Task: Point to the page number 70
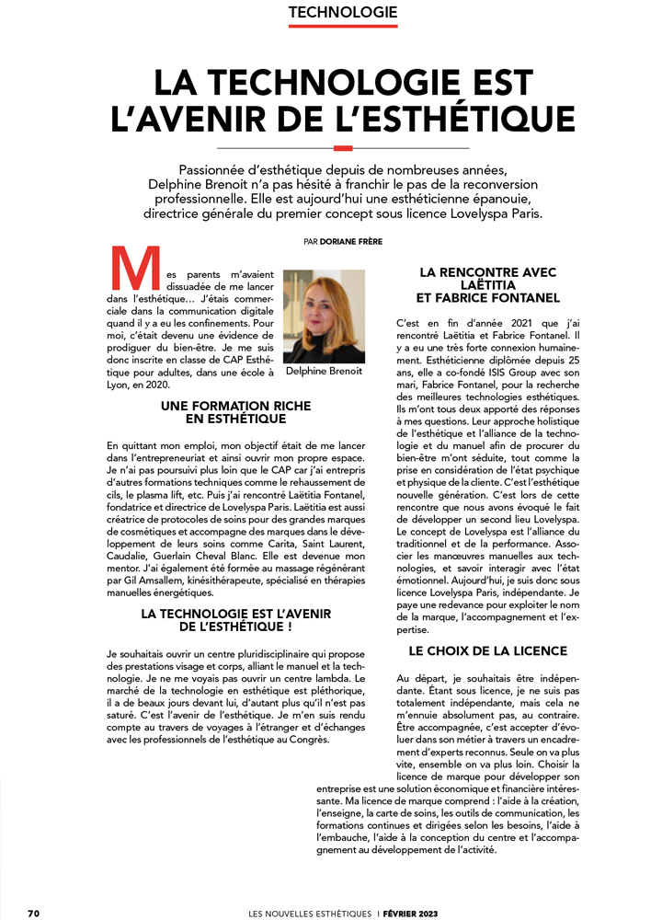(32, 913)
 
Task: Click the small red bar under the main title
(343, 148)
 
